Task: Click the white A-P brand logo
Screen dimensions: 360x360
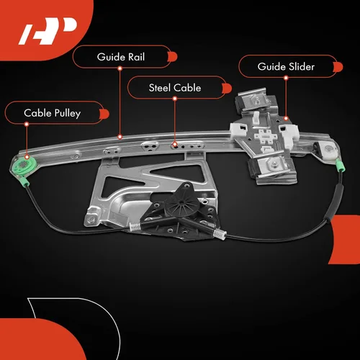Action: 48,31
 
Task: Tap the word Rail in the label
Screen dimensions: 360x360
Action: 137,57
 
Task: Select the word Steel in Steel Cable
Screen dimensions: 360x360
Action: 159,88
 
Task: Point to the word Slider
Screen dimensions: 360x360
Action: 302,66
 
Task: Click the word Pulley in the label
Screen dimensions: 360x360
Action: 68,113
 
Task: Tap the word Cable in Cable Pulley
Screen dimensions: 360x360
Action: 37,113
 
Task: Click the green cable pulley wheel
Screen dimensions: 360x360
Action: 25,165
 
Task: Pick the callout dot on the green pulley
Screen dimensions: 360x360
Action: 27,157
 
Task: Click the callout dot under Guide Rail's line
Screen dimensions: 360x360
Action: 120,137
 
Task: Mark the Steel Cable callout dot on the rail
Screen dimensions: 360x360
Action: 175,144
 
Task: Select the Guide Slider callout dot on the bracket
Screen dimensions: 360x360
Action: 286,118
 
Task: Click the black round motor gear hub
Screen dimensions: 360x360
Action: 181,204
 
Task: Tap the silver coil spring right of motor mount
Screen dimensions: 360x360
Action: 220,233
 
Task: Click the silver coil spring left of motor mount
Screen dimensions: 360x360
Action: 135,227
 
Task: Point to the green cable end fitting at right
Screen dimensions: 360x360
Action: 340,166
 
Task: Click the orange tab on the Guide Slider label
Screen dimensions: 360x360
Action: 338,67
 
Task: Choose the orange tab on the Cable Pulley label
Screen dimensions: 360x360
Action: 104,114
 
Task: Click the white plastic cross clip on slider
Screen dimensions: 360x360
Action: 266,137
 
